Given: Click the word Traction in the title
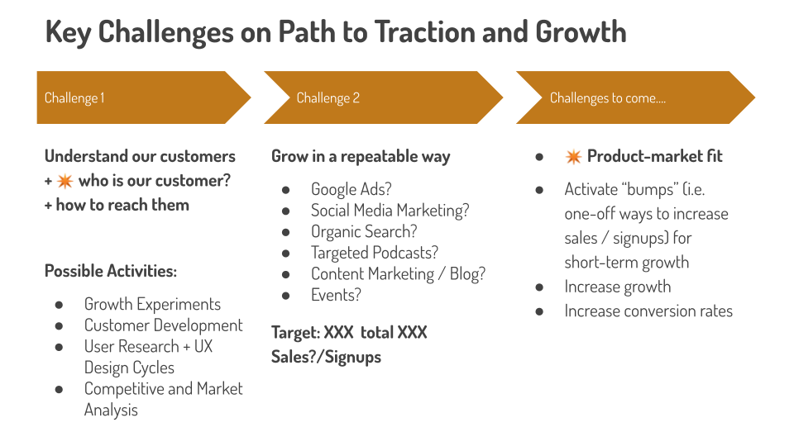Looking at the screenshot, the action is pos(424,31).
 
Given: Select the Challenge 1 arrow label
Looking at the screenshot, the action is pos(74,97).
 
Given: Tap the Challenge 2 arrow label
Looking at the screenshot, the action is pos(328,97).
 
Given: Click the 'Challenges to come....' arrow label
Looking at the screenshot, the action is pos(608,97).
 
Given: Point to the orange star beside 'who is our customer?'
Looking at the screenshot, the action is pos(65,181).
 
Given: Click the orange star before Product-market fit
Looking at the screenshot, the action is pos(573,157).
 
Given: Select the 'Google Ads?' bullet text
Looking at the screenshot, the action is pos(352,189).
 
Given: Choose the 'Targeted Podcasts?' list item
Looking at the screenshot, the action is pos(375,253).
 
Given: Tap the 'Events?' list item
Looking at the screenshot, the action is pos(337,295).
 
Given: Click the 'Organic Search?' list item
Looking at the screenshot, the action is pos(364,231).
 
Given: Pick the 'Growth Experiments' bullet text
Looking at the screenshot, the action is pos(152,305).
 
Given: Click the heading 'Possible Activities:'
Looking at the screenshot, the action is pos(111,271).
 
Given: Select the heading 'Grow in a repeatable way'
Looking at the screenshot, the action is pos(361,157).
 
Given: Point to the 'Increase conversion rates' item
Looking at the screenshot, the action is pos(648,311).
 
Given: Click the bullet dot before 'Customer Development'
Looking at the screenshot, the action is pos(60,326).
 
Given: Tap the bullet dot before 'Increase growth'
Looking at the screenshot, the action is pos(539,287).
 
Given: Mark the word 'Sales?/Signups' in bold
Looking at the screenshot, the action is pos(326,357).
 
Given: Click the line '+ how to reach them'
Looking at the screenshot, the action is pos(117,206).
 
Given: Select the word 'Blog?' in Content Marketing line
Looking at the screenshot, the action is pos(467,274).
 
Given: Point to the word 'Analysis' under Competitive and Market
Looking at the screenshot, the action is pos(111,410).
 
